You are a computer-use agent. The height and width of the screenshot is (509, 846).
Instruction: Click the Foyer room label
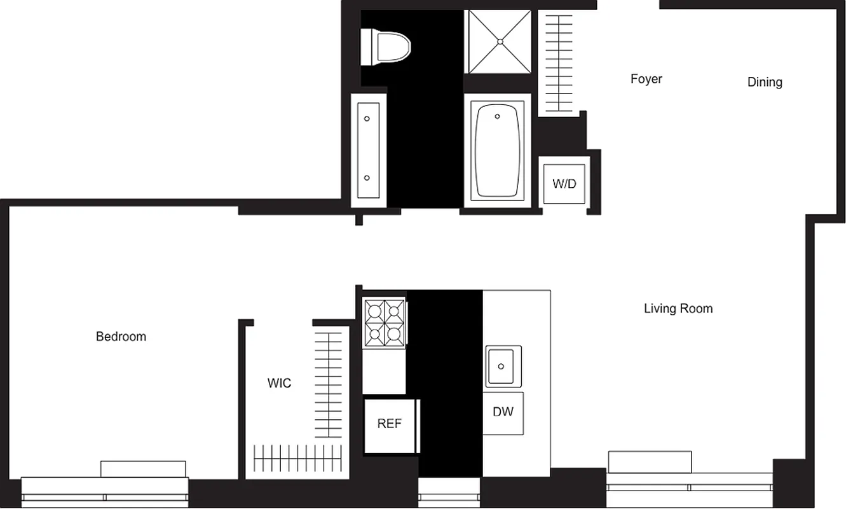(646, 79)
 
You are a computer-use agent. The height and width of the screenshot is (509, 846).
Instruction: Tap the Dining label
(764, 82)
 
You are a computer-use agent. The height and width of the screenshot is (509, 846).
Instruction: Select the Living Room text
(678, 309)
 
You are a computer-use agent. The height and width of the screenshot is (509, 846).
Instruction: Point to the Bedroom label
(121, 337)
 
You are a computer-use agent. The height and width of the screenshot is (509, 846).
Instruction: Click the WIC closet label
(279, 383)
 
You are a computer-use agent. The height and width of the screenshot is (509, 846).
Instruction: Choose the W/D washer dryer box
(564, 184)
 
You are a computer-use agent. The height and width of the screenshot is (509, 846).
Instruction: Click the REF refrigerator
(389, 424)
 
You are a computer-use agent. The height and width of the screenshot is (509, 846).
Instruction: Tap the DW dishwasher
(503, 412)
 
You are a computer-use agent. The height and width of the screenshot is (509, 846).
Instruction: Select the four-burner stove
(384, 323)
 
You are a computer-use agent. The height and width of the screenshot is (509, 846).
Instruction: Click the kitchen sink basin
(503, 366)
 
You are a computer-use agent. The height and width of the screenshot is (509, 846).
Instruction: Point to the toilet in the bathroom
(386, 47)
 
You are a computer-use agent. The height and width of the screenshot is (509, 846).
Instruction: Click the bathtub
(498, 151)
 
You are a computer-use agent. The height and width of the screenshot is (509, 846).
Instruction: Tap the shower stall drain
(500, 41)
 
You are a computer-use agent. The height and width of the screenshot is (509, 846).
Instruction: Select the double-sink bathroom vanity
(367, 150)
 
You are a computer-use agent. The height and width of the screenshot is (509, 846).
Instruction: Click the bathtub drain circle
(497, 116)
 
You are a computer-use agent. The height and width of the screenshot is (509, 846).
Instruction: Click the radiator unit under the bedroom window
(143, 469)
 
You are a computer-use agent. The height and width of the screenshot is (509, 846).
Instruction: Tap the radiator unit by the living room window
(650, 462)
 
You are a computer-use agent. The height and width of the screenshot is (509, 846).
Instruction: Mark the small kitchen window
(449, 492)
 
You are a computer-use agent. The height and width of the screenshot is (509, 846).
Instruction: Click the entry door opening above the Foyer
(628, 5)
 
